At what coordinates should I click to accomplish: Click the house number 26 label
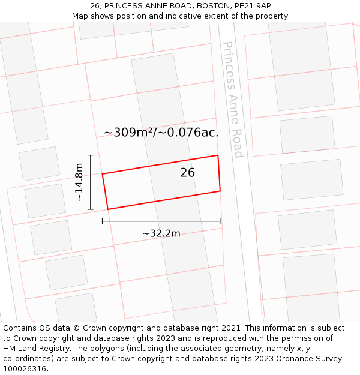pyautogui.click(x=187, y=173)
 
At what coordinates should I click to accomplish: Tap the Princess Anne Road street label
pyautogui.click(x=232, y=100)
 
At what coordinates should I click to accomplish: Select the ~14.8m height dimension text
pyautogui.click(x=79, y=182)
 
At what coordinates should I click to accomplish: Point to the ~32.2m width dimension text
pyautogui.click(x=161, y=233)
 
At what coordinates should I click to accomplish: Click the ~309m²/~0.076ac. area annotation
pyautogui.click(x=161, y=133)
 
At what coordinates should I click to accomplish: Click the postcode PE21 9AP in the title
pyautogui.click(x=254, y=6)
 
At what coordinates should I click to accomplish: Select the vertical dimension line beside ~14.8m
pyautogui.click(x=91, y=182)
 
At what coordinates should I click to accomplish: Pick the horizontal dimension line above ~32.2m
pyautogui.click(x=161, y=221)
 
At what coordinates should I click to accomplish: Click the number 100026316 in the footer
pyautogui.click(x=25, y=368)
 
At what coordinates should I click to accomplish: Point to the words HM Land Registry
pyautogui.click(x=32, y=349)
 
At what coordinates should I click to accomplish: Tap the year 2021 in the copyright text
pyautogui.click(x=229, y=328)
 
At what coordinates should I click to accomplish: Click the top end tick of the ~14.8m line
pyautogui.click(x=91, y=155)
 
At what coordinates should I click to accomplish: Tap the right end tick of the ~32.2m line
pyautogui.click(x=220, y=221)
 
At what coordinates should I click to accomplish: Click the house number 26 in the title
pyautogui.click(x=95, y=6)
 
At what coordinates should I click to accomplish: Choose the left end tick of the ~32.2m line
pyautogui.click(x=103, y=221)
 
